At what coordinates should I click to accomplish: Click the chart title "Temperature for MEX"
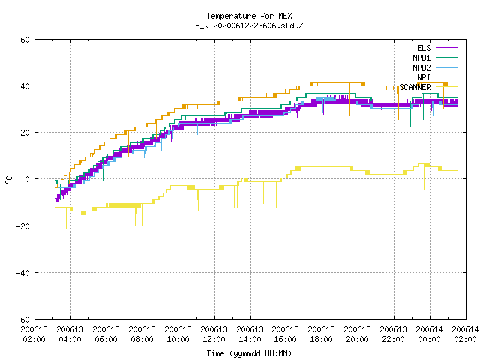coord(249,16)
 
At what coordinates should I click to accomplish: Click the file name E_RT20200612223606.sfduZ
coord(249,25)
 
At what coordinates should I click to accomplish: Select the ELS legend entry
coord(437,48)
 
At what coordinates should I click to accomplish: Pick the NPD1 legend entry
coord(435,58)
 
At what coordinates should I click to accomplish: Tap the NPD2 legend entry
coord(435,67)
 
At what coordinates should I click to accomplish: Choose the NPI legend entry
coord(437,77)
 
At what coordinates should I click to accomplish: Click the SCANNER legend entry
coord(428,87)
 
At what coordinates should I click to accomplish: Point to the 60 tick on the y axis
coord(25,40)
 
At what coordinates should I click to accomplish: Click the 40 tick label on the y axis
coord(25,86)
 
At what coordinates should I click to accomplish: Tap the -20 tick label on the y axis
coord(23,226)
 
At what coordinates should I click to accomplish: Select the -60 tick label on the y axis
coord(23,319)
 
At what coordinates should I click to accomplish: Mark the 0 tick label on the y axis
coord(27,179)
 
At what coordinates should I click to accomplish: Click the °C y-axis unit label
coord(8,180)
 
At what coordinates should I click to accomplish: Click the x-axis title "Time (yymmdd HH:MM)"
coord(249,353)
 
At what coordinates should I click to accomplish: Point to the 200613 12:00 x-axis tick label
coord(214,334)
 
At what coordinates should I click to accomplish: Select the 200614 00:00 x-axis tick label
coord(429,334)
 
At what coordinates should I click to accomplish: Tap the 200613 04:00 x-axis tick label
coord(70,334)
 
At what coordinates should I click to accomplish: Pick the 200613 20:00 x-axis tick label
coord(357,334)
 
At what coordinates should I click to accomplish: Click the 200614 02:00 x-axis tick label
coord(465,334)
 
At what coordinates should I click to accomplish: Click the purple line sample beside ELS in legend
coord(447,48)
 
